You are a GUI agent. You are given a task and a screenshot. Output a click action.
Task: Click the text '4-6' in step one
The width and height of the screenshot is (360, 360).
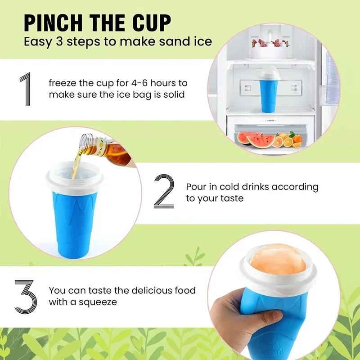tap(140, 84)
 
